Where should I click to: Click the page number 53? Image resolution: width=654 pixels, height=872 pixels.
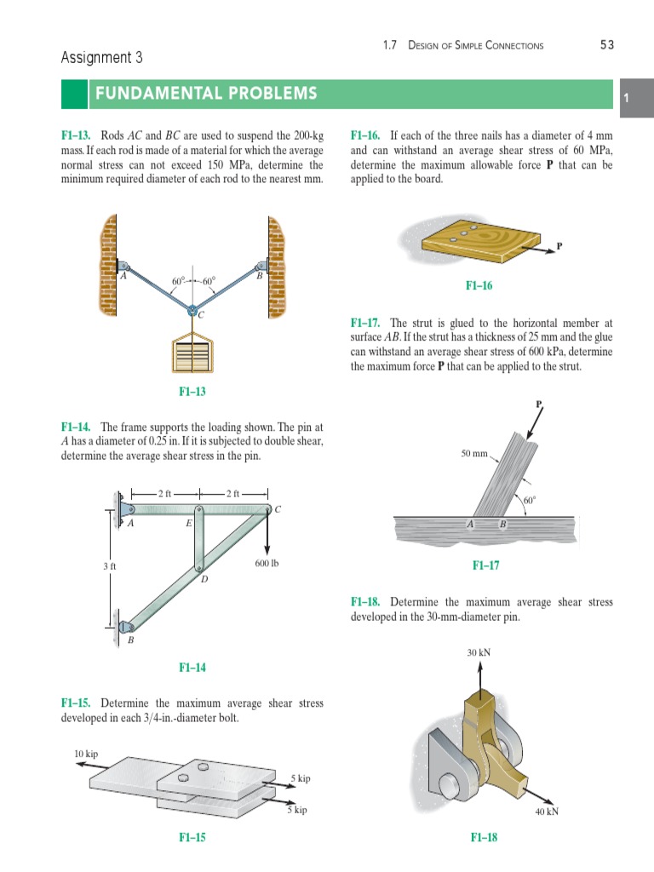[x=606, y=45]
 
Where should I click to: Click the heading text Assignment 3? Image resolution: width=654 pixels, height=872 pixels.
[x=101, y=58]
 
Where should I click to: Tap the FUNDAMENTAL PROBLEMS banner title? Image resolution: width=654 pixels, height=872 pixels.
[x=208, y=93]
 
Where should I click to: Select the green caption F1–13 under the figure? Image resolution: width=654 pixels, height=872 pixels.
[x=192, y=391]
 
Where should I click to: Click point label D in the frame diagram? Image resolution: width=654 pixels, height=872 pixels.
[x=204, y=580]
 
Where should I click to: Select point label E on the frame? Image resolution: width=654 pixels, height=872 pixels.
[x=188, y=525]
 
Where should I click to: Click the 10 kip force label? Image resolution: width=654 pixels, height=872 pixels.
[x=86, y=753]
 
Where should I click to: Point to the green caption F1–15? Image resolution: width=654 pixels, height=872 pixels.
[x=192, y=837]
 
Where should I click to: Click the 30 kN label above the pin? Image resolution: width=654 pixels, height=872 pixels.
[x=479, y=652]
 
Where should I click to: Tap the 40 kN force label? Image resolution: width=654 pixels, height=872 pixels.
[x=547, y=812]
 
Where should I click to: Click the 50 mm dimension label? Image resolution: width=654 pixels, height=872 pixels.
[x=474, y=453]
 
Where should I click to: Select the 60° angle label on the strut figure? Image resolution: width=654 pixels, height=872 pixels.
[x=530, y=501]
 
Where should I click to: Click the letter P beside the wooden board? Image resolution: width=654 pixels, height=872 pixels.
[x=559, y=246]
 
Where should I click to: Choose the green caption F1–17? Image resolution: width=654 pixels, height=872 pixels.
[x=485, y=565]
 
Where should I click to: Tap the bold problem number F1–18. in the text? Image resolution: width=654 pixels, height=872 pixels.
[x=366, y=602]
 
